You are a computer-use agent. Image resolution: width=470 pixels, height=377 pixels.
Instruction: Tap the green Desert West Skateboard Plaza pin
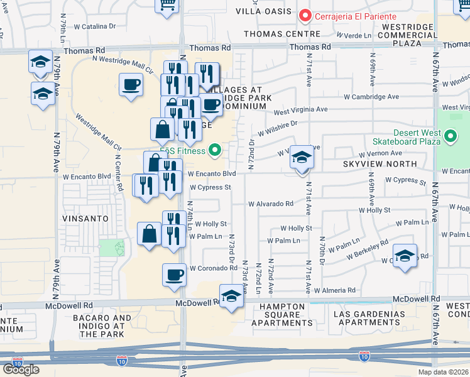pyautogui.click(x=451, y=136)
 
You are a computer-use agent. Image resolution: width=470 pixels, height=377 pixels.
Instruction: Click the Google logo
pyautogui.click(x=21, y=369)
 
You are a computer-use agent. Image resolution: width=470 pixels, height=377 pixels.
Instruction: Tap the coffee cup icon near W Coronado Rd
pyautogui.click(x=174, y=274)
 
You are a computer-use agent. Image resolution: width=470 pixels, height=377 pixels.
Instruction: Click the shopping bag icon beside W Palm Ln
pyautogui.click(x=149, y=234)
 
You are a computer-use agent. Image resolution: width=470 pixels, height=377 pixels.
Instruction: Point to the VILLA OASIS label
pyautogui.click(x=264, y=11)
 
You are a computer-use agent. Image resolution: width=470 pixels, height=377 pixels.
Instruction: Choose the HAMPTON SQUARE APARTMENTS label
pyautogui.click(x=281, y=315)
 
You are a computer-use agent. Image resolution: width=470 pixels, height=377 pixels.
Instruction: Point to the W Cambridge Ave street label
pyautogui.click(x=371, y=97)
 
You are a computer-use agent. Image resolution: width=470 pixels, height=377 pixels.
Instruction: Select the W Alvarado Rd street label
pyautogui.click(x=270, y=204)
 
